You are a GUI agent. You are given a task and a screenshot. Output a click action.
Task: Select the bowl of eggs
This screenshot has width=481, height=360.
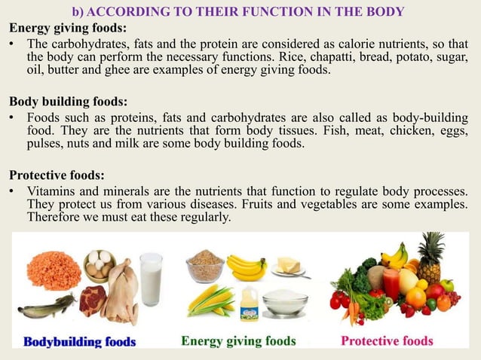point(100,265)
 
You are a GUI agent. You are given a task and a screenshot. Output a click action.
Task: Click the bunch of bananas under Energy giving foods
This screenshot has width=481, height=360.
point(246,267)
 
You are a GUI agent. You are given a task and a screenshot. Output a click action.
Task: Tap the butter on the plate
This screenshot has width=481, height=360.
point(288,266)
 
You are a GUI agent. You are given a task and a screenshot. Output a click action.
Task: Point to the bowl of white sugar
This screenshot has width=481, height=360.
point(284,303)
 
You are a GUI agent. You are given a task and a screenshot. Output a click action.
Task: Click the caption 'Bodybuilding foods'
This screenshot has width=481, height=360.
point(80,341)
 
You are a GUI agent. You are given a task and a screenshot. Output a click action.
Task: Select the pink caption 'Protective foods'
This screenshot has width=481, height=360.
point(387,340)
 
